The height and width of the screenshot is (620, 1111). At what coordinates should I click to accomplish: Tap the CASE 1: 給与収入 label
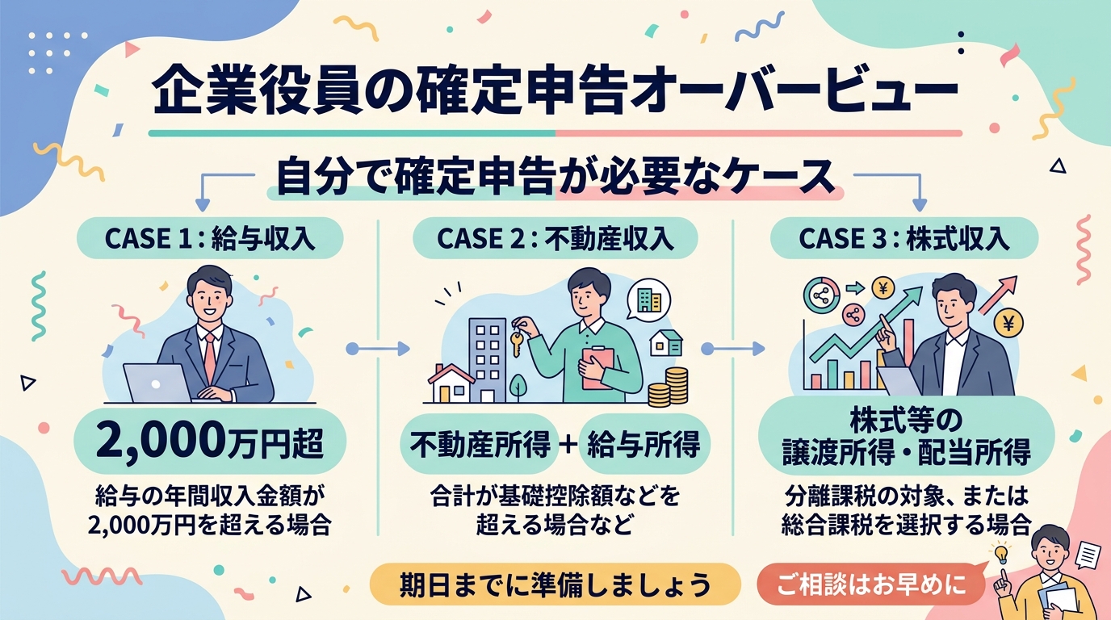(210, 239)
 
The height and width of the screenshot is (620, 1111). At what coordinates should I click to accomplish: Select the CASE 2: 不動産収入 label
(555, 239)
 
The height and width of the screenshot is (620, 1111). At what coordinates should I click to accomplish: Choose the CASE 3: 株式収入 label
(903, 239)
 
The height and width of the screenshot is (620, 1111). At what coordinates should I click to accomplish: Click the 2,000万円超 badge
(210, 442)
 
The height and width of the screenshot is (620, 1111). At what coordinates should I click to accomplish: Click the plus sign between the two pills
(566, 444)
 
